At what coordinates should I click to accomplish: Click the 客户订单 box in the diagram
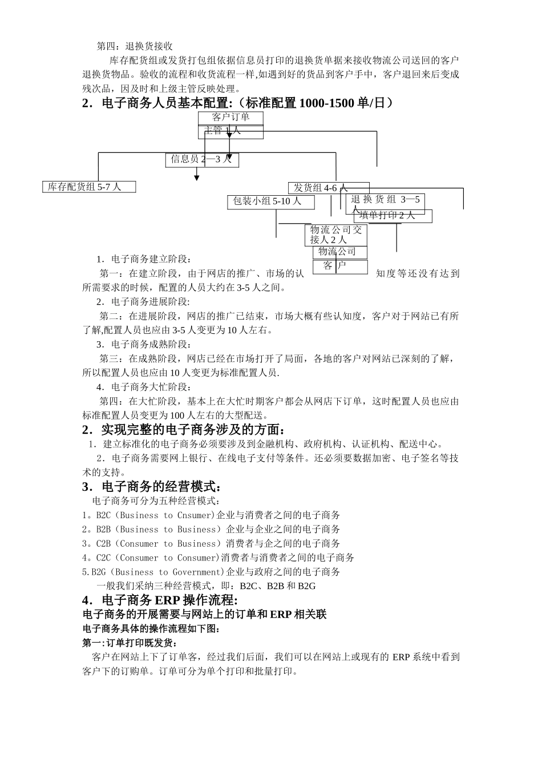(230, 118)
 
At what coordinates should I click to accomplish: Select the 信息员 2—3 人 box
(203, 160)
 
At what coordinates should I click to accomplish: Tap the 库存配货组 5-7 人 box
(89, 187)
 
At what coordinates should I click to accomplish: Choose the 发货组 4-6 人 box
(329, 188)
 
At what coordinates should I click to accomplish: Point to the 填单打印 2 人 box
(393, 216)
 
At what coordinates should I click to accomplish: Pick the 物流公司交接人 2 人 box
(336, 235)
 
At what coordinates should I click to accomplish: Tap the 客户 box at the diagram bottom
(340, 267)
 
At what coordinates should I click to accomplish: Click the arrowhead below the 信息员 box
(197, 178)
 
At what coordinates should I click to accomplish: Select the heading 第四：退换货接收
(135, 46)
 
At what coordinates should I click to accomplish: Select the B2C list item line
(211, 515)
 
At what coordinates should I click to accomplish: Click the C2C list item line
(218, 558)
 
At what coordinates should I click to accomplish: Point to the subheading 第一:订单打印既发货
(131, 643)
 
